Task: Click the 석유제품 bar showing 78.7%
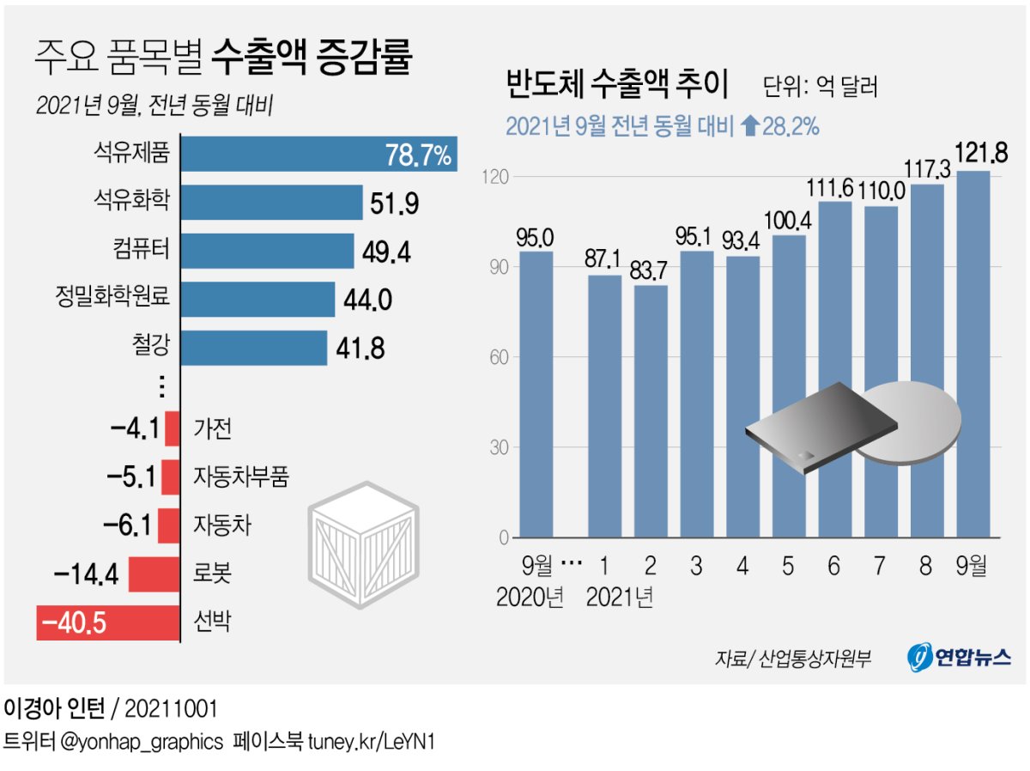tap(318, 155)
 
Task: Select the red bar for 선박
tap(107, 622)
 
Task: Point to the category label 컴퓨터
tap(142, 250)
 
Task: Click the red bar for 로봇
tap(154, 574)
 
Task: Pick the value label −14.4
tap(86, 574)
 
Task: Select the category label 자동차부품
tap(241, 476)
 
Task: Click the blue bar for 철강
tap(254, 348)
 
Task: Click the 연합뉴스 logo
tap(959, 658)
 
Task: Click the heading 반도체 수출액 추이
tap(617, 87)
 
